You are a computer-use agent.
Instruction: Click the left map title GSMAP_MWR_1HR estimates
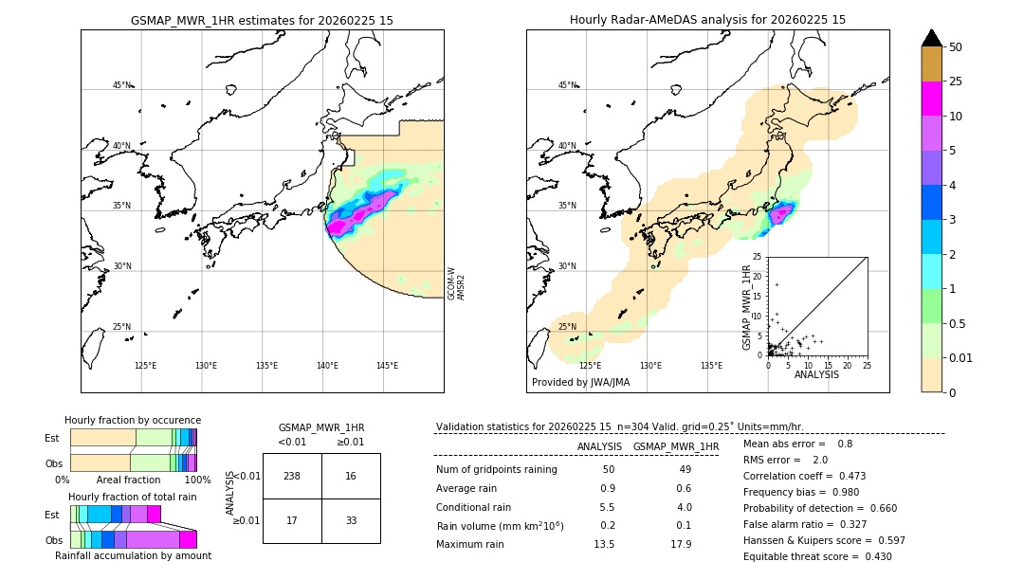point(262,20)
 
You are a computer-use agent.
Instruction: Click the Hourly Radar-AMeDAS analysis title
point(707,20)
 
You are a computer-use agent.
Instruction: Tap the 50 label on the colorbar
point(956,47)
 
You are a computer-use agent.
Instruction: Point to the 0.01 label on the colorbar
point(961,357)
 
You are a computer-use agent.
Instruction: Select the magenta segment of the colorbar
point(931,99)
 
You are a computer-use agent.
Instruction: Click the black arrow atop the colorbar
point(931,38)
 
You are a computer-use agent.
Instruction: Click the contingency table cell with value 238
point(292,476)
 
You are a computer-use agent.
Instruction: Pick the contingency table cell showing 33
point(351,520)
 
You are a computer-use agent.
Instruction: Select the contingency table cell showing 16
point(351,476)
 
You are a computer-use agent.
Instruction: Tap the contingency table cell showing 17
point(292,520)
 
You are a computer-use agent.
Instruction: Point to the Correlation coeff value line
point(804,476)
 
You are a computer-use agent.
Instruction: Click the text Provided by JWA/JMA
point(580,382)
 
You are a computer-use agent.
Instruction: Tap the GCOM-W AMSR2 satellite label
point(456,282)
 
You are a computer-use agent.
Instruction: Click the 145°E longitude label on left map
point(387,366)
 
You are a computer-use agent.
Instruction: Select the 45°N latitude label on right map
point(566,85)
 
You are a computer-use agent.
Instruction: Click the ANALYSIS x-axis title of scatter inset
point(816,374)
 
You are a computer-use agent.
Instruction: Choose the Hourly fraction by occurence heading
point(133,420)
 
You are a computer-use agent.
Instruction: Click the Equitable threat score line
point(817,556)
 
